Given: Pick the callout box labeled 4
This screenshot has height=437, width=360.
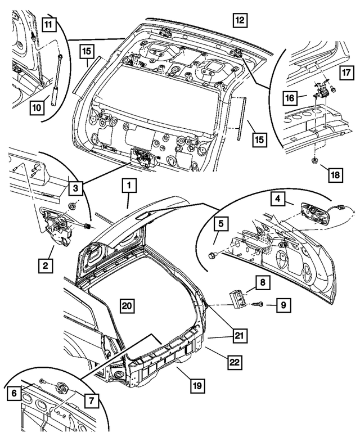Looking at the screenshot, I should click(x=277, y=199).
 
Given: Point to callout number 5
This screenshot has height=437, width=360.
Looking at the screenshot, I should click(x=222, y=224).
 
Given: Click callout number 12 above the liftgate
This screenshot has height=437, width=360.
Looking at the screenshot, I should click(x=240, y=21).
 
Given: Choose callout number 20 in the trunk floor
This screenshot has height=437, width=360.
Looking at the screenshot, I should click(x=127, y=305).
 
